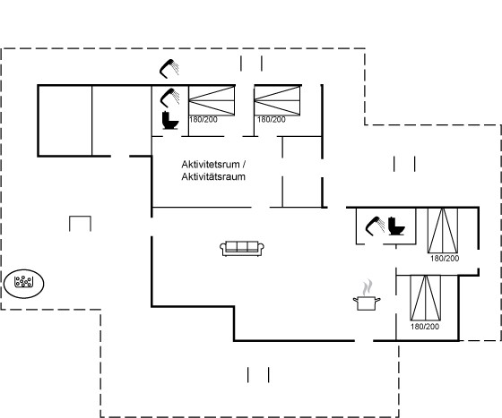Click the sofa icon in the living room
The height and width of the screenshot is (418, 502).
242,248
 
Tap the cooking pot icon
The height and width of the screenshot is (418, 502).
367,303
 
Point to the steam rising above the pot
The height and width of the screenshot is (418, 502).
368,287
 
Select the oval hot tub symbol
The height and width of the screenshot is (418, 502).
24,284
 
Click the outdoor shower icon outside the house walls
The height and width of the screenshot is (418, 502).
169,68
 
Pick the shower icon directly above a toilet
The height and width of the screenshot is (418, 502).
169,98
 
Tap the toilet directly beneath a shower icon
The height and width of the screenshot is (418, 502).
170,120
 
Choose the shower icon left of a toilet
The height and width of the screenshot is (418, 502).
375,226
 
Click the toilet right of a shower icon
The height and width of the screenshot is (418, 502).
396,226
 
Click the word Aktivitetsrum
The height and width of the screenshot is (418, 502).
211,165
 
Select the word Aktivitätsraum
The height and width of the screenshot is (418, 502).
213,176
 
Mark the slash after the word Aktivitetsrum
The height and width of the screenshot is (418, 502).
244,165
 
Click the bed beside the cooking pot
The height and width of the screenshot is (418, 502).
425,297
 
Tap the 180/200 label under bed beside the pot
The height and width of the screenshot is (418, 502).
425,327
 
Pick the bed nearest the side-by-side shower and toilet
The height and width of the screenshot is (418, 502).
443,230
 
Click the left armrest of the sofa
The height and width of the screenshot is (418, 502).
223,249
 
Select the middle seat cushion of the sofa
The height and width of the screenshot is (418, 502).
242,247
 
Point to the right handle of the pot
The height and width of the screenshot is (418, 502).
377,300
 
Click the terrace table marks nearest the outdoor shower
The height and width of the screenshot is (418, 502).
251,64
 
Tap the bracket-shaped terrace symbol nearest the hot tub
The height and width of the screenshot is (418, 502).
80,224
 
